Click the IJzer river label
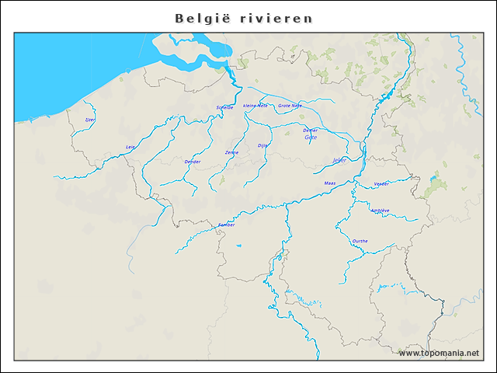click(90, 120)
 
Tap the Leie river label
click(130, 147)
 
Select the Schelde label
click(224, 107)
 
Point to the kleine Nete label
click(255, 105)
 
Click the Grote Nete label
click(290, 105)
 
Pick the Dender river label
click(193, 162)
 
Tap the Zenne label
click(231, 152)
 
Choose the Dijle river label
click(262, 145)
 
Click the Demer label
click(311, 130)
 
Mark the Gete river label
click(311, 138)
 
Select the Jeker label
click(339, 160)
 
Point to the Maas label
click(329, 183)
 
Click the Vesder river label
click(381, 183)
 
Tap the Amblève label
click(380, 211)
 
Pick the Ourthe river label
click(360, 241)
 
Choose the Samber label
click(226, 225)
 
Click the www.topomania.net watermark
click(439, 354)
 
